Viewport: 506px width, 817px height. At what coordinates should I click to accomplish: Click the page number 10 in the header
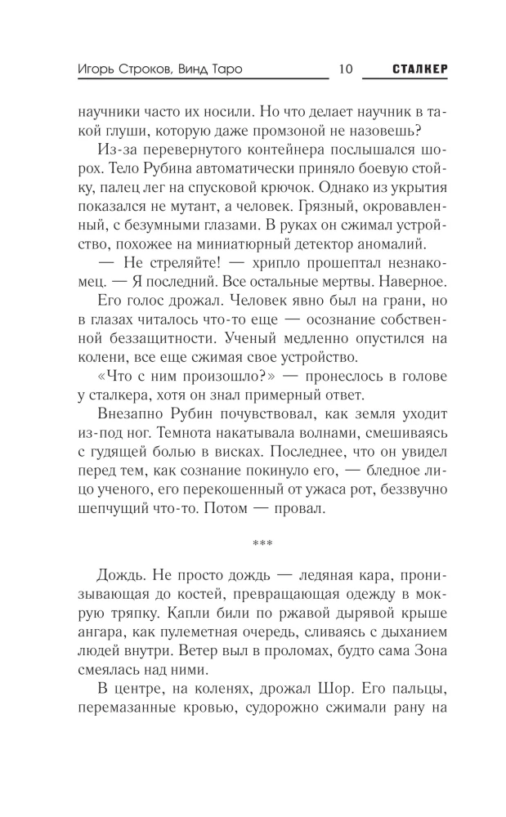pos(344,69)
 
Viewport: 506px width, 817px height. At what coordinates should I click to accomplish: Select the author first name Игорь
pos(87,69)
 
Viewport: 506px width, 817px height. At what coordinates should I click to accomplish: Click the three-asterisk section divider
pos(253,541)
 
